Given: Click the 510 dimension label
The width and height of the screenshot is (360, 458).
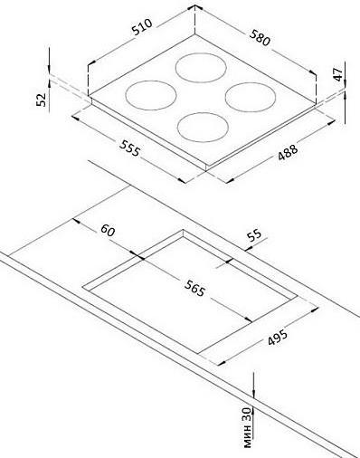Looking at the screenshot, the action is click(x=142, y=27).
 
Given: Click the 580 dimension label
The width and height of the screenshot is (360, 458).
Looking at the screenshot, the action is click(x=260, y=38).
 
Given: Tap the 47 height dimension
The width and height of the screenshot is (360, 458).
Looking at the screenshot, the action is click(x=338, y=74).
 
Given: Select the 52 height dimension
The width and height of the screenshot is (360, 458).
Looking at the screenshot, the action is click(x=42, y=100).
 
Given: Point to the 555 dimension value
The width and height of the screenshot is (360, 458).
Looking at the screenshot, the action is click(x=130, y=148).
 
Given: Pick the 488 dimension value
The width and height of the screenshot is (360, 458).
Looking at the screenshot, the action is click(x=288, y=152).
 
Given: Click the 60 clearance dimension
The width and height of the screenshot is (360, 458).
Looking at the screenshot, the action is click(x=108, y=231).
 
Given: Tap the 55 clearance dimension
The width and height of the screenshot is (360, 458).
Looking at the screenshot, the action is click(x=254, y=235).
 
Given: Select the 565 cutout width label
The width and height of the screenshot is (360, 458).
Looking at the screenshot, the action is click(x=195, y=288).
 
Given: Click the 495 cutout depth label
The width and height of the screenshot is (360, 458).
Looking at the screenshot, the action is click(x=278, y=337).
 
